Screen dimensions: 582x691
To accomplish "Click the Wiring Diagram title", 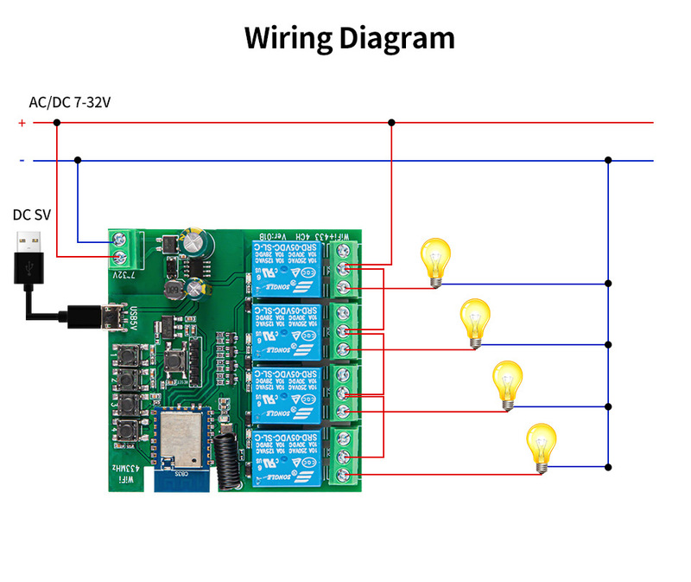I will click(349, 38).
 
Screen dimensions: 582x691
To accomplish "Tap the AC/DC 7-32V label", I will click(70, 102).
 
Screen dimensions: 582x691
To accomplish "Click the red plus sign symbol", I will click(22, 123).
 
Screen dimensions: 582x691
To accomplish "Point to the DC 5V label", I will click(31, 214).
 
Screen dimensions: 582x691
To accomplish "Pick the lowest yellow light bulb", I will click(542, 446).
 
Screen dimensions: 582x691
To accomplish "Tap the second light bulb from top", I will click(476, 322).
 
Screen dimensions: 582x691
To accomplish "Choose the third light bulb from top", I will click(507, 384).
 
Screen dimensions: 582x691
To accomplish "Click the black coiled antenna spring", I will click(230, 455).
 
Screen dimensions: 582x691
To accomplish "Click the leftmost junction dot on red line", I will click(57, 123).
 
